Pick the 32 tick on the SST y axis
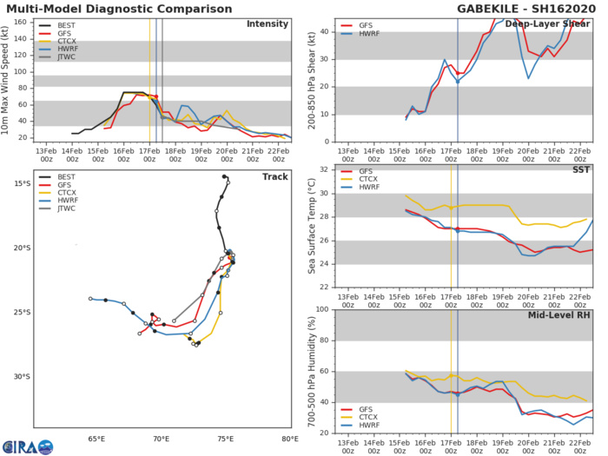click(x=324, y=169)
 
